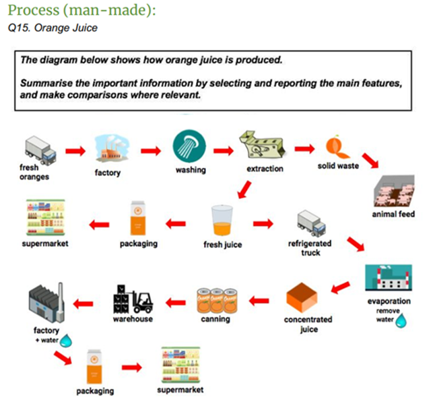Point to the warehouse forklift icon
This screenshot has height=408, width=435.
[x=133, y=299]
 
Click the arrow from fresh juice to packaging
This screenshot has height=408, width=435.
[x=177, y=223]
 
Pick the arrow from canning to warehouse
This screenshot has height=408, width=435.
[x=177, y=301]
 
